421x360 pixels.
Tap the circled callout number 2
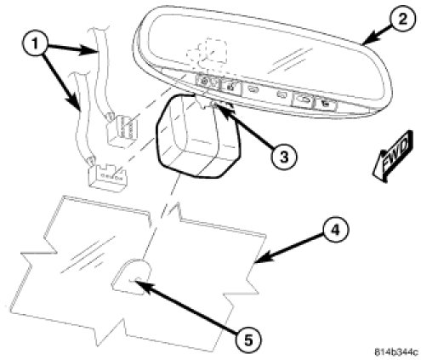[402, 20]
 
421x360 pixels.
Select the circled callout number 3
[284, 156]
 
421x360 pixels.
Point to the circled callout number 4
[334, 231]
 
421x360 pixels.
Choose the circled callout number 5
[247, 340]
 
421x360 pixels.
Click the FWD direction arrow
[394, 156]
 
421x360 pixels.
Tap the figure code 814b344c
[396, 352]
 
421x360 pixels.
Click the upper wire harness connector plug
[121, 130]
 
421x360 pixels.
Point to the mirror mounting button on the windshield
[131, 277]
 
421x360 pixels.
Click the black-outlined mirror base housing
[198, 137]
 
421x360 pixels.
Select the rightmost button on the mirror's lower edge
[326, 104]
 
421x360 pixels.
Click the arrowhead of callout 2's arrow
[367, 41]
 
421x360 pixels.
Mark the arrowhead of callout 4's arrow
[260, 260]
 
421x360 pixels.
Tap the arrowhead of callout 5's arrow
[139, 283]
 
